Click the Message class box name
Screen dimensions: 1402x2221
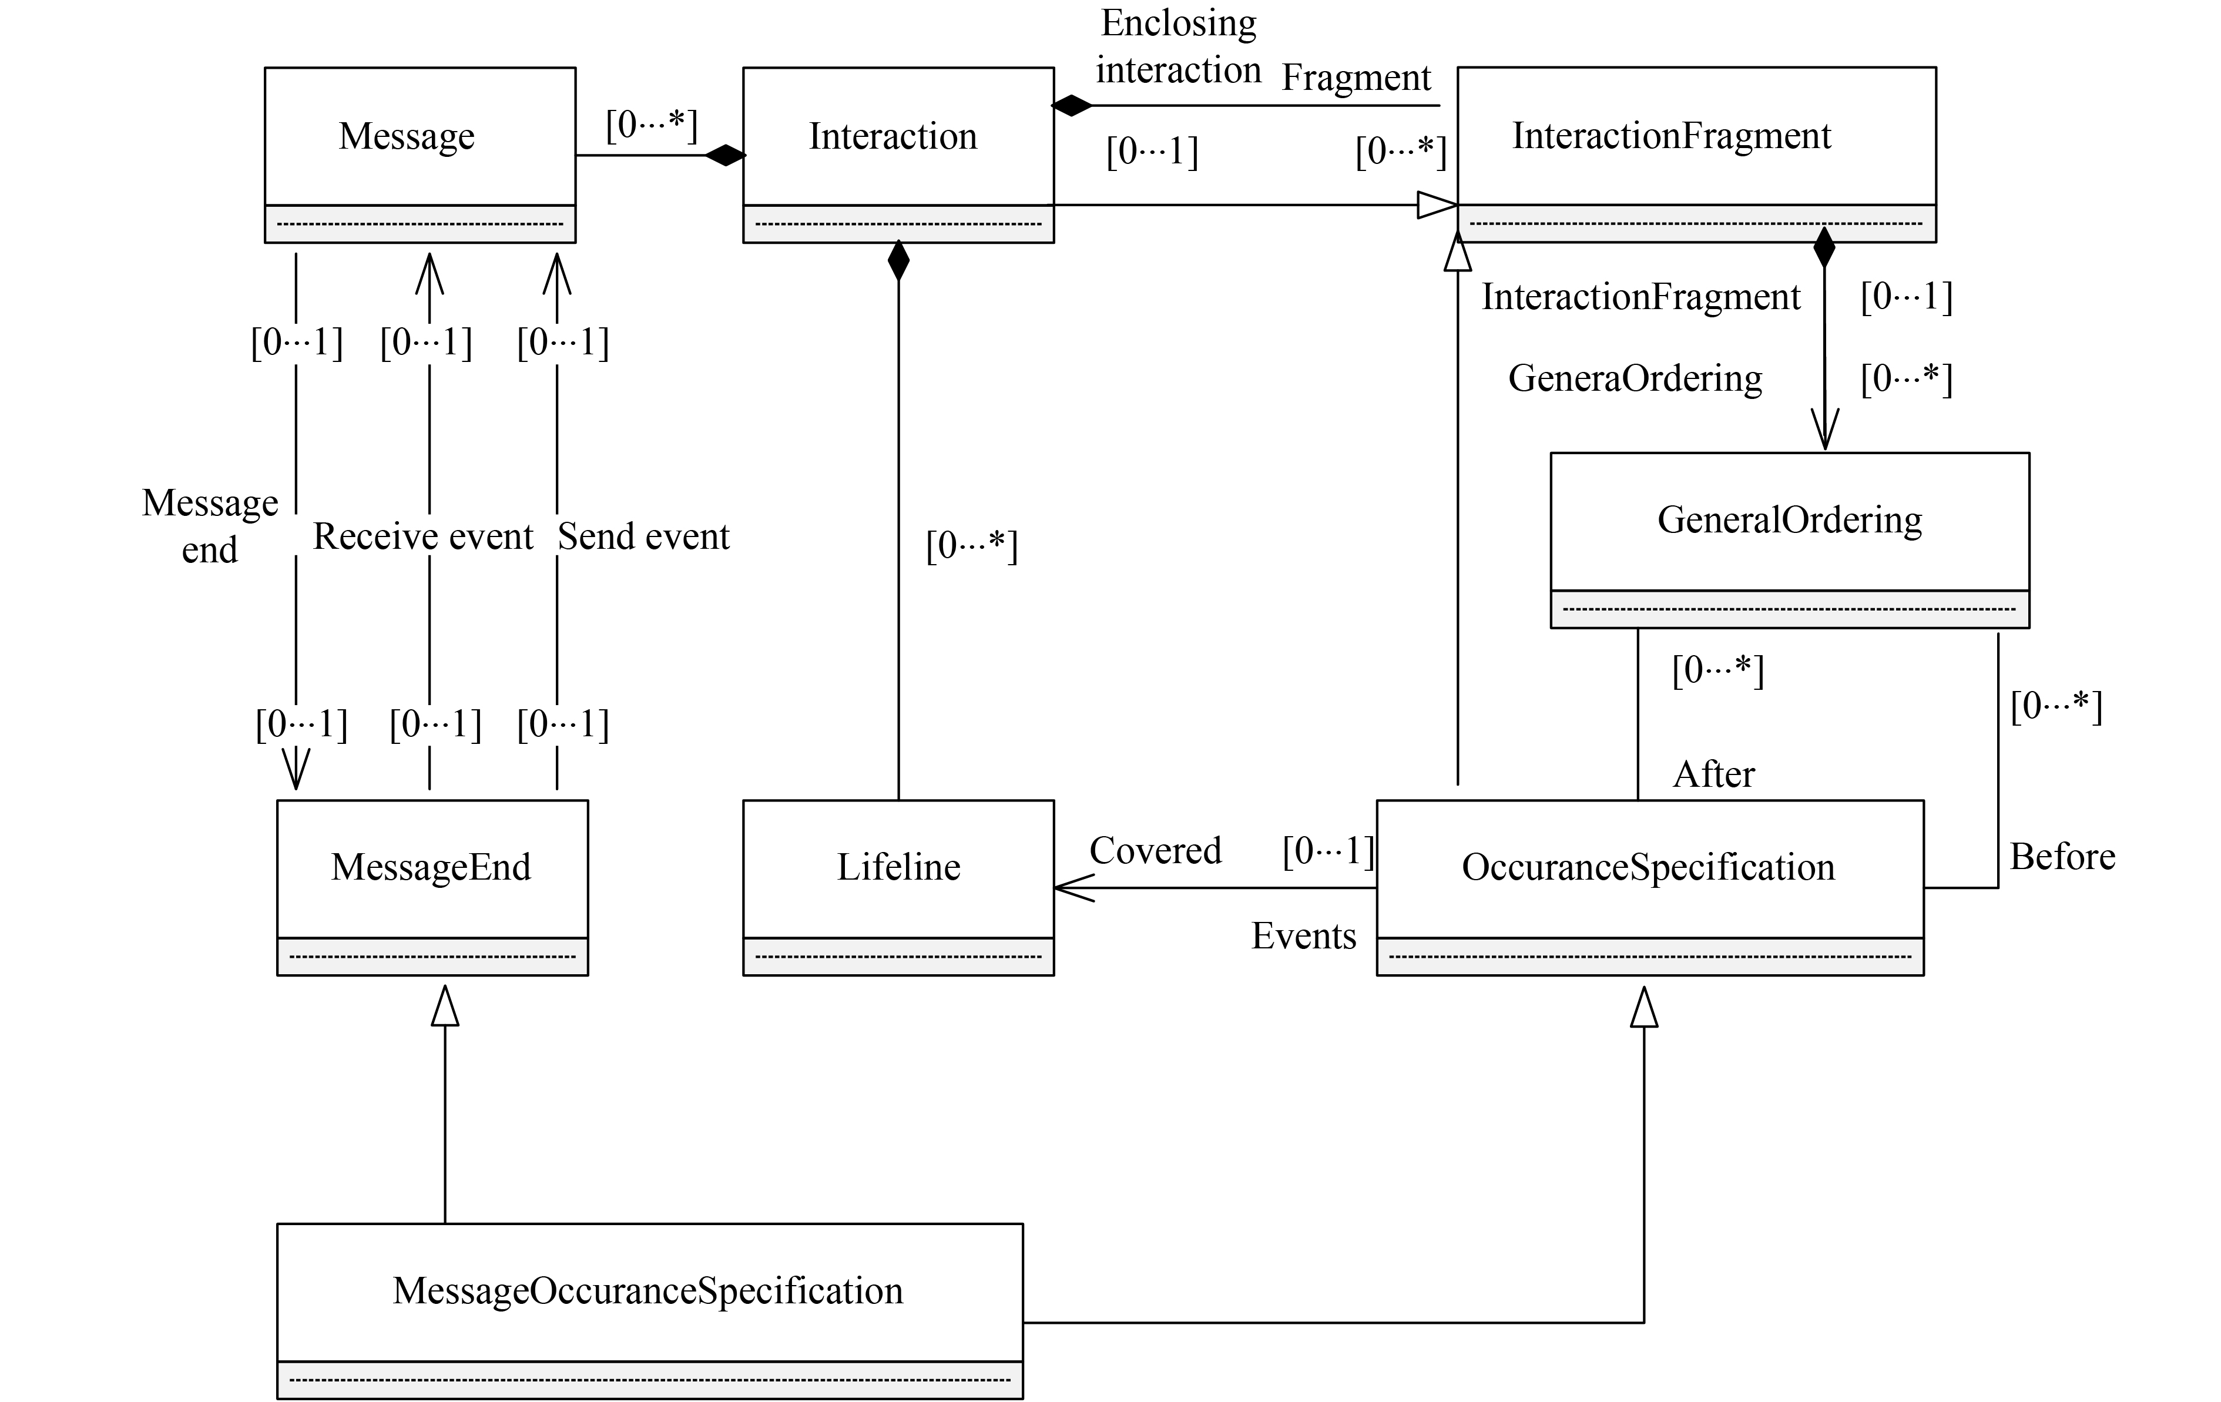click(406, 136)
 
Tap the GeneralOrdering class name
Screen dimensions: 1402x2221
click(1789, 520)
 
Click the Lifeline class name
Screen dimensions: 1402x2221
click(898, 868)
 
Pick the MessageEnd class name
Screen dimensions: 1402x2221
click(431, 868)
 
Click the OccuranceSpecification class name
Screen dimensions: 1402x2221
click(1648, 868)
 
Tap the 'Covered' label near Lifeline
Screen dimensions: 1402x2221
click(1155, 850)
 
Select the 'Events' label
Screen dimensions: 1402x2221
click(1303, 936)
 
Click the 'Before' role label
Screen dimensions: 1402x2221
click(2062, 857)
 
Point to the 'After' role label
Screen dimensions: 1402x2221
click(1714, 775)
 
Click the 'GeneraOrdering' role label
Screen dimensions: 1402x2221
click(1635, 379)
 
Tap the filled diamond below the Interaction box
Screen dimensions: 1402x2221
click(898, 262)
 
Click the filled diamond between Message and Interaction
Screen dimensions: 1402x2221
click(725, 155)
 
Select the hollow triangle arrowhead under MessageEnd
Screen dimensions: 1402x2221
click(445, 1007)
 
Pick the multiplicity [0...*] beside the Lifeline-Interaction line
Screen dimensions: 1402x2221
click(971, 546)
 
